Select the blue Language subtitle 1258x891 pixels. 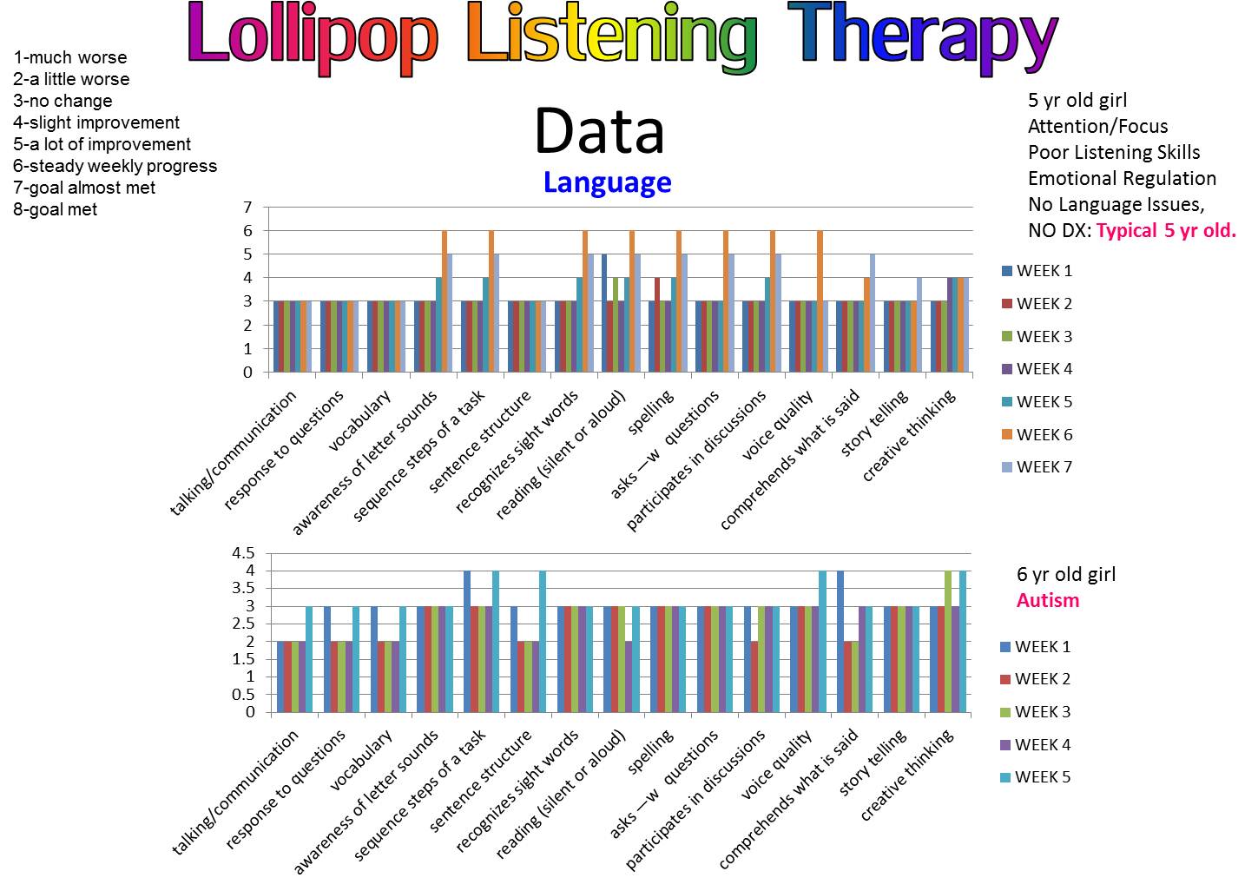pyautogui.click(x=607, y=182)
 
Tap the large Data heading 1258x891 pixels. pyautogui.click(x=599, y=132)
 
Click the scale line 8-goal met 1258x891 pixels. pyautogui.click(x=56, y=209)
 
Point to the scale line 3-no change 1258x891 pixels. pyautogui.click(x=63, y=101)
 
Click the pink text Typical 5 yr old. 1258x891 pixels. pyautogui.click(x=1166, y=231)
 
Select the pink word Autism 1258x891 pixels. pyautogui.click(x=1048, y=601)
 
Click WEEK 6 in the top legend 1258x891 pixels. pyautogui.click(x=1044, y=434)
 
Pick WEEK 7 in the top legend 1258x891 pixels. pyautogui.click(x=1044, y=467)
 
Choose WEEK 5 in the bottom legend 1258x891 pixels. pyautogui.click(x=1042, y=777)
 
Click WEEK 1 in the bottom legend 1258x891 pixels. pyautogui.click(x=1042, y=647)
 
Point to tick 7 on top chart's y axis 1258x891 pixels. pyautogui.click(x=247, y=208)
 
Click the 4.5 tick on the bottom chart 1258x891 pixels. pyautogui.click(x=243, y=553)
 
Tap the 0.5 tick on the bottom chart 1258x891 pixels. pyautogui.click(x=243, y=695)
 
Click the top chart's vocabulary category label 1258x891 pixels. pyautogui.click(x=361, y=421)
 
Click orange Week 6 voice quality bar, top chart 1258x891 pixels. pyautogui.click(x=819, y=301)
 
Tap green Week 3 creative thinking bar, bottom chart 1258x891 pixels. pyautogui.click(x=948, y=642)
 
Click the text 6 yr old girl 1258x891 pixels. pyautogui.click(x=1066, y=575)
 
